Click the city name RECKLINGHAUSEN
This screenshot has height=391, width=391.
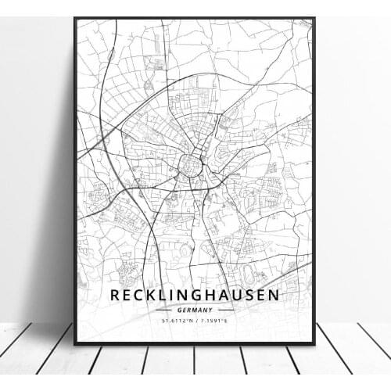click(195, 296)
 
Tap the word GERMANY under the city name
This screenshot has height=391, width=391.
click(195, 309)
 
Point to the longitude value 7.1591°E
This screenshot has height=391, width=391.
click(214, 319)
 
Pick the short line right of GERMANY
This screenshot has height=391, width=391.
click(224, 309)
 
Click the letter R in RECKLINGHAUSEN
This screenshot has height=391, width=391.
click(116, 296)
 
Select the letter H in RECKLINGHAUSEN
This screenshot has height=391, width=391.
click(212, 296)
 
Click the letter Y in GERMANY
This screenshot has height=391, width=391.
click(213, 309)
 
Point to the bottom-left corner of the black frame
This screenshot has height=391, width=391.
click(75, 343)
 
